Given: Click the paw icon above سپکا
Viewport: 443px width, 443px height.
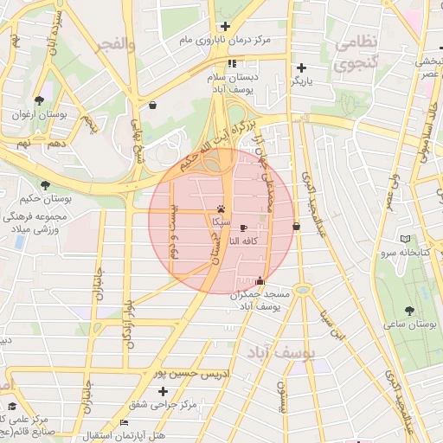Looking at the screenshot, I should [222, 209].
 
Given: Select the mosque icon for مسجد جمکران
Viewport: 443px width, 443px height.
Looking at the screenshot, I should [260, 279].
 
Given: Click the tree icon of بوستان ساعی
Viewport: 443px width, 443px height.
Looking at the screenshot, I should [408, 310].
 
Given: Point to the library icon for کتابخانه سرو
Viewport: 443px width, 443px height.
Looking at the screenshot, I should [404, 239].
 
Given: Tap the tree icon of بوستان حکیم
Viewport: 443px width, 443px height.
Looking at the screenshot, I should [45, 184].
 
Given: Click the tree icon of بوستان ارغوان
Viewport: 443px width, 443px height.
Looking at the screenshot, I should [41, 100].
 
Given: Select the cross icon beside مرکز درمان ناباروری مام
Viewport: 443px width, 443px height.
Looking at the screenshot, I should [225, 26].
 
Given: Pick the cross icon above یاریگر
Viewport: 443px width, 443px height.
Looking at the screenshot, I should [301, 67].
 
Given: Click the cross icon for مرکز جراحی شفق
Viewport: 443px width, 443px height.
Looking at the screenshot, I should [163, 392].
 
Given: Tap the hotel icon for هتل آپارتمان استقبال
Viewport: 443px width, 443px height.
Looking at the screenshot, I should [125, 422].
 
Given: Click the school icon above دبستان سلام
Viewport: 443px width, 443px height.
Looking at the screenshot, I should [232, 63].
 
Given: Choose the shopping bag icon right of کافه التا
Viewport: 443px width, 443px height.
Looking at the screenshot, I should [297, 226].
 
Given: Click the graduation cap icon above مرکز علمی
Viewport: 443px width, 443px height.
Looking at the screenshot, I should [12, 406].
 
